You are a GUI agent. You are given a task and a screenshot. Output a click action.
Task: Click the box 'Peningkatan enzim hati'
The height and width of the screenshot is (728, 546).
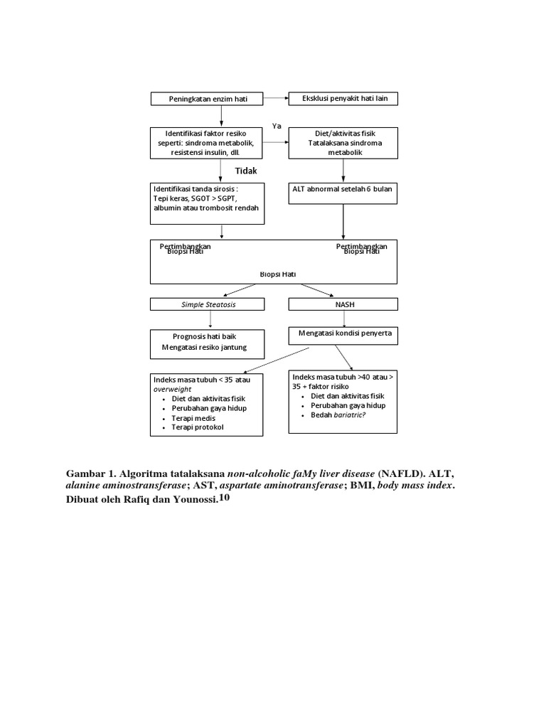coord(206,99)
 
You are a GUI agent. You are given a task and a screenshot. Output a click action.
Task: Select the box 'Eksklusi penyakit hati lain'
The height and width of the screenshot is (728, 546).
coord(343,98)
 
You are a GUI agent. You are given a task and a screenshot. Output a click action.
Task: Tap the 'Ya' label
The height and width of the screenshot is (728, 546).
coord(277,126)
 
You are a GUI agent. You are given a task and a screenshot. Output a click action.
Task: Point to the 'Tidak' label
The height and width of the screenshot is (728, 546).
coord(246,171)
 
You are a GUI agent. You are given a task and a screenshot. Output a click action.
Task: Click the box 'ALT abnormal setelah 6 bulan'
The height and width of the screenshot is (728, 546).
coord(343,189)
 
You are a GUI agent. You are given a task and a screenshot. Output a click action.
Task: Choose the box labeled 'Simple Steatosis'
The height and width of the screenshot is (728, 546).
coord(207,304)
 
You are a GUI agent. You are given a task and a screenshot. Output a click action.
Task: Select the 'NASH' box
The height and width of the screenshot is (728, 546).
coord(343,304)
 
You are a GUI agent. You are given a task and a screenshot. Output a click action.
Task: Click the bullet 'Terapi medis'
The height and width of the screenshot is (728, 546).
coord(193,419)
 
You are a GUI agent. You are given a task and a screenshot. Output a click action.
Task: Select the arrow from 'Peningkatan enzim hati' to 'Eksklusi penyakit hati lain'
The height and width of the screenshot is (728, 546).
coord(275,99)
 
